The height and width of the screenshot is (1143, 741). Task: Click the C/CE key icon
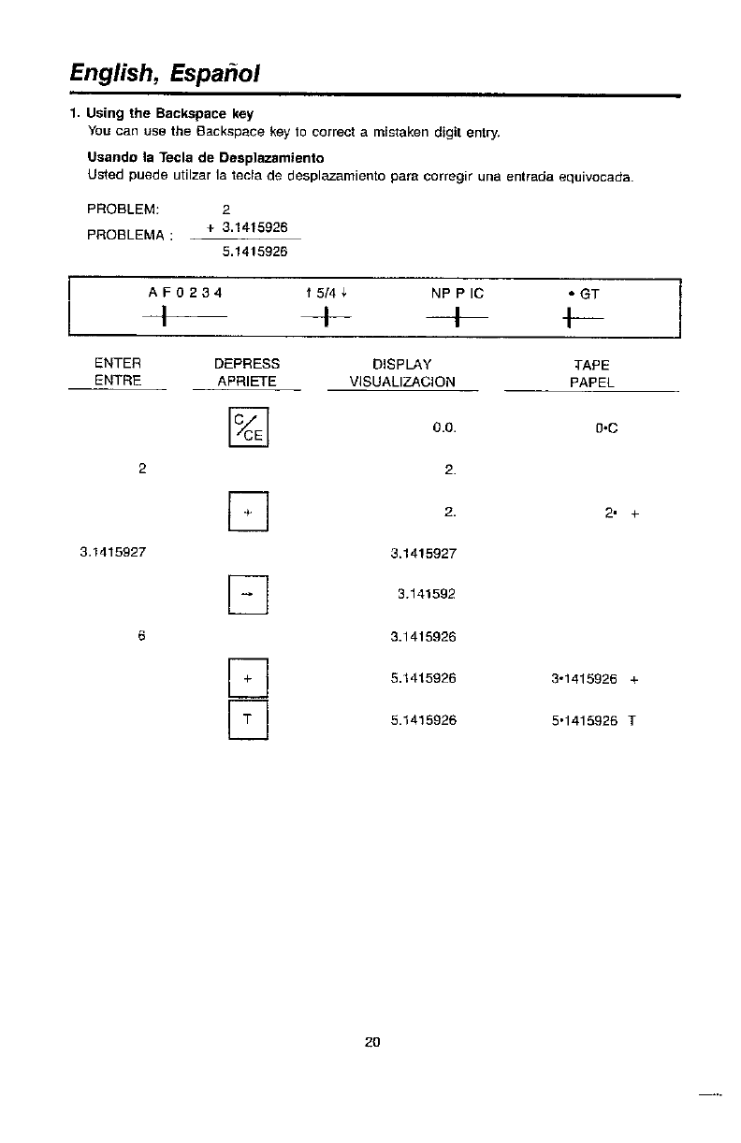[x=249, y=428]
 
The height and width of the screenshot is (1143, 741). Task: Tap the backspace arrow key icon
[x=249, y=593]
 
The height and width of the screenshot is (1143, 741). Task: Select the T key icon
[x=249, y=720]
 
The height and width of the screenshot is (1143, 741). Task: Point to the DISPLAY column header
[x=401, y=363]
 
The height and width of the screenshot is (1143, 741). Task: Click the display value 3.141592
[x=427, y=592]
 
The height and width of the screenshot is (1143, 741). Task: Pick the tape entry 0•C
[x=608, y=429]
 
